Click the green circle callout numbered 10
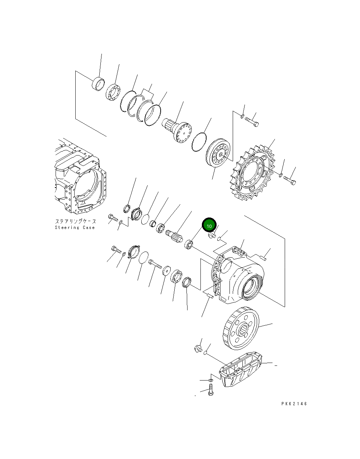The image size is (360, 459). pos(209,225)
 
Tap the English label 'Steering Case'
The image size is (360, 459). pos(75,228)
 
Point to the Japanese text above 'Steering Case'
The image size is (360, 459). pos(75,221)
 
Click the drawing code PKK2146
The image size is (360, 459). pos(294,404)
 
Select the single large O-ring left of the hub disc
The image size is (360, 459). pos(199,142)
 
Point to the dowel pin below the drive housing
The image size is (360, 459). pos(209,295)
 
